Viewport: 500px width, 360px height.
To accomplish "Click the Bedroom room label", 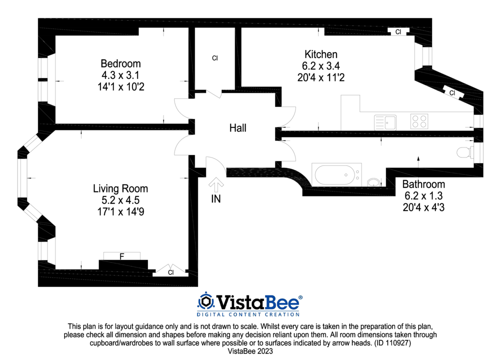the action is click(x=120, y=63).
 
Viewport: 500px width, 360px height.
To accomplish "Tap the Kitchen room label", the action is click(x=321, y=54).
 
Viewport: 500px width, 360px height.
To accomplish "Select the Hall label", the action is click(x=238, y=128).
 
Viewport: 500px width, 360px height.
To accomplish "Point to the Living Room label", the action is click(x=120, y=188).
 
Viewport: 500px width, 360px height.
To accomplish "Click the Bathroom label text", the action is click(x=423, y=184).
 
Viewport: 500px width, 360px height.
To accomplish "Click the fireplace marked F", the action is click(x=122, y=256).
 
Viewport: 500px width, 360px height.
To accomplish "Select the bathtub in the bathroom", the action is click(x=336, y=174).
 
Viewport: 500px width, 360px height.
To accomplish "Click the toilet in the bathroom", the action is click(x=465, y=152).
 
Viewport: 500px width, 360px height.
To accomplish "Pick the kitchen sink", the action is click(x=385, y=122).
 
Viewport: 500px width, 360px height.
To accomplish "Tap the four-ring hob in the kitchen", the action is click(x=419, y=121).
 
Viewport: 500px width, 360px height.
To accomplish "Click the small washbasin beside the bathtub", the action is click(x=373, y=182).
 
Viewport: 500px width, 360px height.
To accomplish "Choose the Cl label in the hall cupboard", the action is click(x=215, y=58).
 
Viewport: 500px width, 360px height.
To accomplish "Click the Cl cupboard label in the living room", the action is click(x=171, y=272).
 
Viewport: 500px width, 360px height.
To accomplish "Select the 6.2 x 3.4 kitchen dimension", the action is click(x=321, y=66).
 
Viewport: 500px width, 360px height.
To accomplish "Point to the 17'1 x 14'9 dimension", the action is click(x=120, y=211).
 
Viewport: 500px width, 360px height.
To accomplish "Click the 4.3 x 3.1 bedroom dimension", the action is click(x=120, y=75).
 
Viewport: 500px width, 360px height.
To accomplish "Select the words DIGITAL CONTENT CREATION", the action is click(x=248, y=314).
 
